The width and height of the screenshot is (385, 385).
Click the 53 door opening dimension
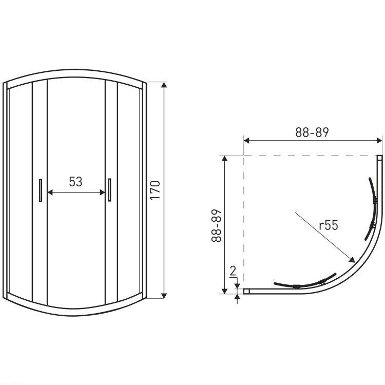tap(75, 182)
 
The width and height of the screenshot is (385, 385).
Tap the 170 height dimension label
tap(155, 190)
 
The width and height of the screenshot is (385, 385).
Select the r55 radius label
tap(329, 225)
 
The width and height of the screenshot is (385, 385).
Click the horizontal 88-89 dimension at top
tap(312, 132)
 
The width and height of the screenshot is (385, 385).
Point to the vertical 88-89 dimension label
tap(217, 226)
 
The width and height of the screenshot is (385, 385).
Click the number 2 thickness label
tap(233, 271)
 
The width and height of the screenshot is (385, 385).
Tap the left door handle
tap(41, 190)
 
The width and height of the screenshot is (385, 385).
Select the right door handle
tap(109, 190)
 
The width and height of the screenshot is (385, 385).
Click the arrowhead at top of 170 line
tap(164, 85)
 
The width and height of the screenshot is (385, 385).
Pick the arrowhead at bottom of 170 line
tap(164, 296)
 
